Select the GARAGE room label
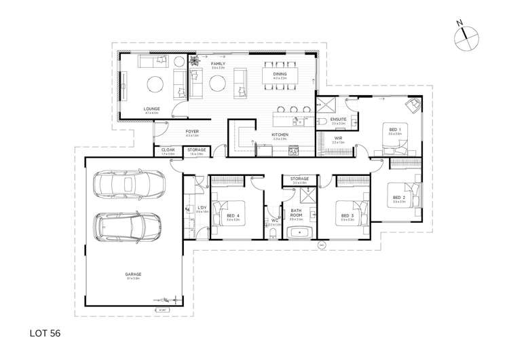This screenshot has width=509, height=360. pos(133,274)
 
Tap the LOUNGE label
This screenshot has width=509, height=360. pos(151,108)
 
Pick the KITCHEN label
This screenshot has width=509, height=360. pos(280,134)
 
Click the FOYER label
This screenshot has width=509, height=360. pos(192,131)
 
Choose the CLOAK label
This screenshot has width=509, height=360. pos(168,150)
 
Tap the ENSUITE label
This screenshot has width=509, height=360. pos(338,120)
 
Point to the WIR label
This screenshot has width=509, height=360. pos(337,138)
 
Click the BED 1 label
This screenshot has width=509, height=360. pos(394,129)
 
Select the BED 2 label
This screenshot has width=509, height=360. pos(398,198)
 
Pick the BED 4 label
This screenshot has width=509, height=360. pos(233,216)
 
